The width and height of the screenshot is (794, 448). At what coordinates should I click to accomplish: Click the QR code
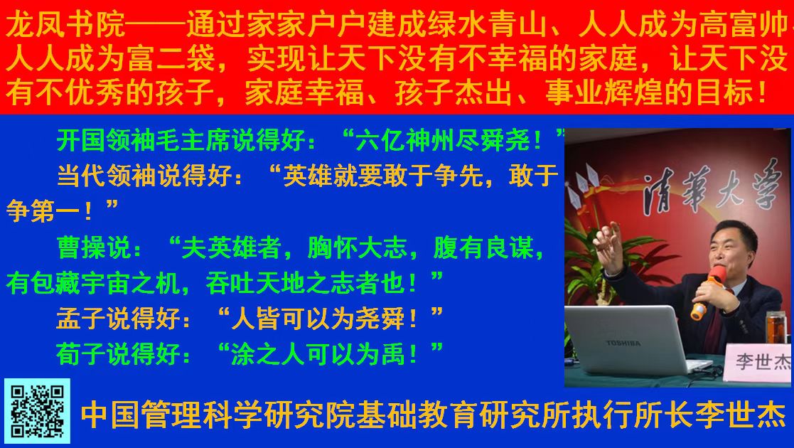click(37, 411)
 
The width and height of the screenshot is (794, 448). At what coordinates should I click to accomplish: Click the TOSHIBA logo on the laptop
click(623, 343)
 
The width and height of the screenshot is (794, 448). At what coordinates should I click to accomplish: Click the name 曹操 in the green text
click(82, 248)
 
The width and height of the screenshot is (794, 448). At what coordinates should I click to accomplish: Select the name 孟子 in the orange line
click(81, 319)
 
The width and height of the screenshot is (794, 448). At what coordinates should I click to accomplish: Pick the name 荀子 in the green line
click(81, 353)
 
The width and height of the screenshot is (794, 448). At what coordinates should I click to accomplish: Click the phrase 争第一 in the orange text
click(44, 210)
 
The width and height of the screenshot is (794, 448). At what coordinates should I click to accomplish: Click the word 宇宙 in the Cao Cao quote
click(107, 283)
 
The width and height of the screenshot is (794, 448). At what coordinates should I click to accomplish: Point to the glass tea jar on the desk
click(776, 329)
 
